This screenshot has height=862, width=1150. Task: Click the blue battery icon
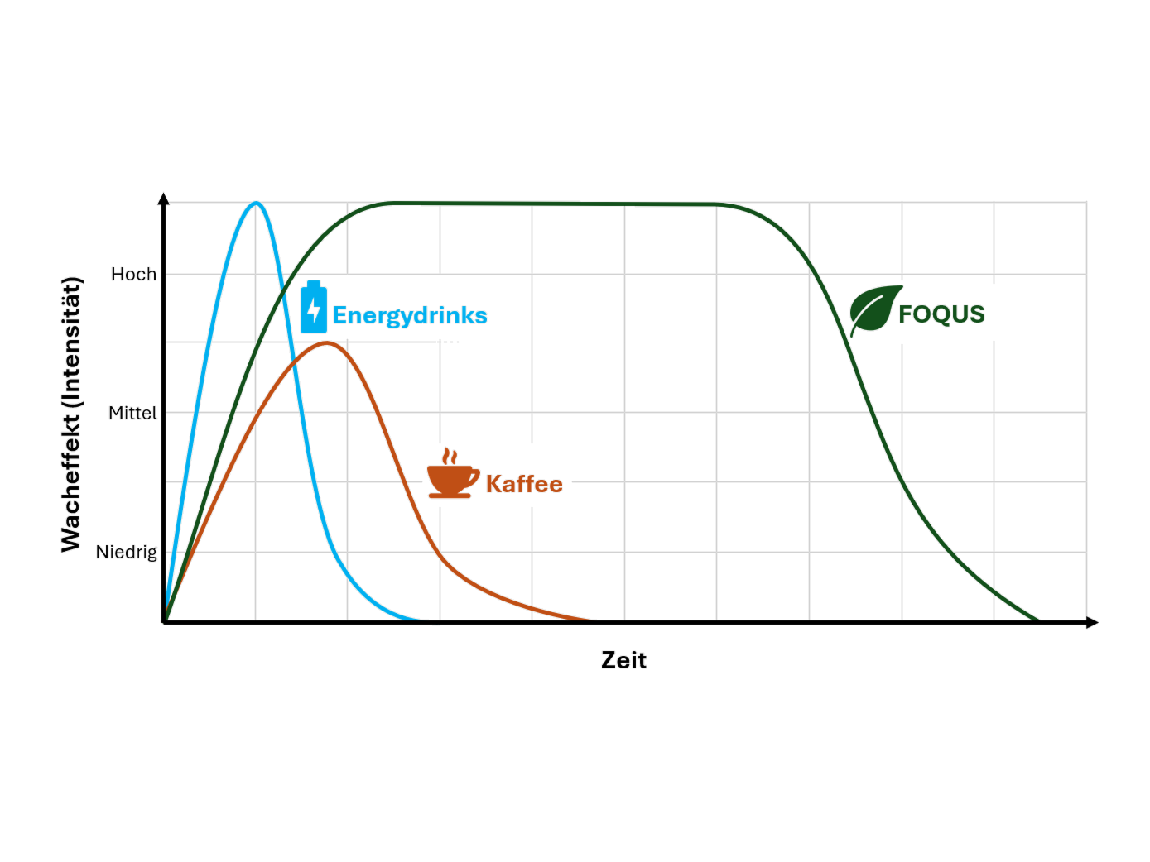(x=314, y=308)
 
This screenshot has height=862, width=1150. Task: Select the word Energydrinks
(x=409, y=315)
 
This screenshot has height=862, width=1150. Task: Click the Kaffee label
(x=523, y=484)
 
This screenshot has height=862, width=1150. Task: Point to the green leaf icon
(x=875, y=310)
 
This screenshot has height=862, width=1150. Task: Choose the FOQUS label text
(x=941, y=314)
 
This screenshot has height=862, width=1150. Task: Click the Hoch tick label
(x=132, y=274)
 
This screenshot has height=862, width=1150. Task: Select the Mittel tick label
(x=132, y=413)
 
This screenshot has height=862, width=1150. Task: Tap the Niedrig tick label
(x=128, y=552)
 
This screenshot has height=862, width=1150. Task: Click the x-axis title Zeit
(x=623, y=660)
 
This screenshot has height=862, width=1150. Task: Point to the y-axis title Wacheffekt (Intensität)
(x=72, y=414)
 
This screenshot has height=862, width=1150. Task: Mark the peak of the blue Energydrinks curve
(x=257, y=203)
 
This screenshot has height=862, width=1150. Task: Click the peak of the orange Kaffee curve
(x=326, y=342)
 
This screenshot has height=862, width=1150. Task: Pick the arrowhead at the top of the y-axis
(x=164, y=199)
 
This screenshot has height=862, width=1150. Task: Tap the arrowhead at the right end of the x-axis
(x=1093, y=622)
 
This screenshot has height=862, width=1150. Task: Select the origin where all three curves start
(x=165, y=620)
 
